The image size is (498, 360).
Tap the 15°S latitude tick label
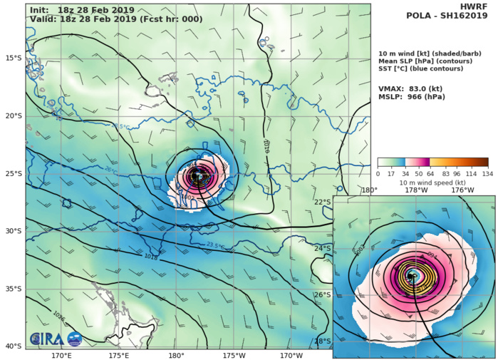point(14,58)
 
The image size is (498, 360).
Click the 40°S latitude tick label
point(14,346)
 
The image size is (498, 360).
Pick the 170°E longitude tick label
point(61,355)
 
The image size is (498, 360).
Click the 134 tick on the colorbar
point(487,173)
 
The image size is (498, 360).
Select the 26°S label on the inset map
point(323,294)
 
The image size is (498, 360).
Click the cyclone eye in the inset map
point(413,276)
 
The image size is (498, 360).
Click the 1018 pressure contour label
point(151,257)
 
